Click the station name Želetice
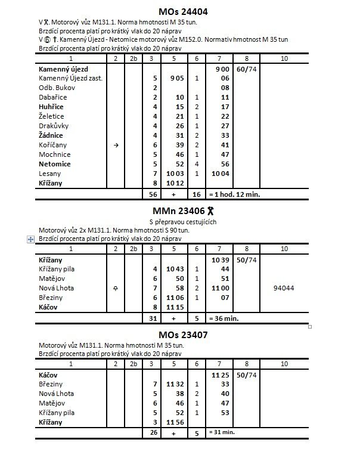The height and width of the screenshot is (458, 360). pos(51,116)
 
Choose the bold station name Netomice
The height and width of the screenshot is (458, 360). pos(54,163)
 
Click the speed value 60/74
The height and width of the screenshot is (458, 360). pos(247,69)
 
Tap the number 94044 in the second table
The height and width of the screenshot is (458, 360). pos(285,287)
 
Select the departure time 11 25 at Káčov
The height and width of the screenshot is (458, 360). pos(221,375)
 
